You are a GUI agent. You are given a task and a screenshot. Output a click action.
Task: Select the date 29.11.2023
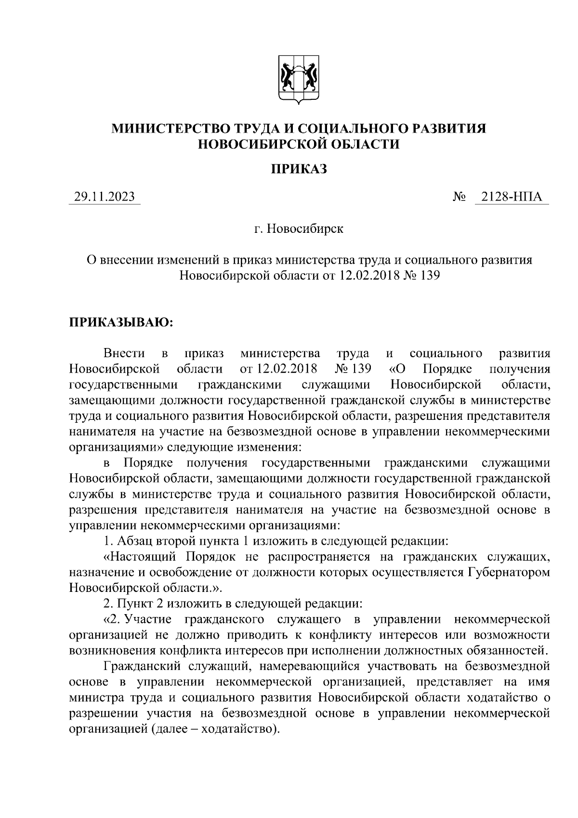[104, 197]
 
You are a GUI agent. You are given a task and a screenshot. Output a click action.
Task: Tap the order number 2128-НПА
[512, 197]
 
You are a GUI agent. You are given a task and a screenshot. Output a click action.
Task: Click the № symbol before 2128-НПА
[459, 197]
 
